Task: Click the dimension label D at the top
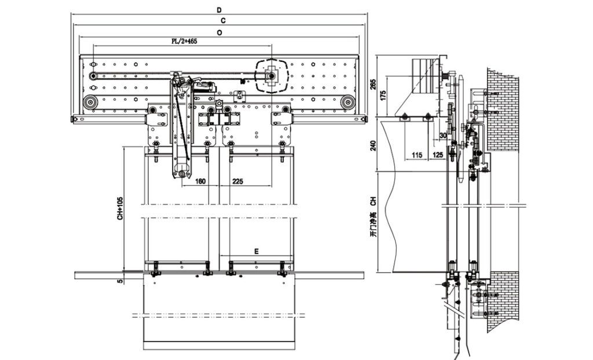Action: [x=218, y=10]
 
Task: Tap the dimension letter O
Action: [x=219, y=33]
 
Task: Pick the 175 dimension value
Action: [x=383, y=95]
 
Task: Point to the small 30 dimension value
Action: [x=443, y=135]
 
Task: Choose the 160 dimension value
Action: [x=200, y=181]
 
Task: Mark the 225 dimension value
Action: [x=237, y=181]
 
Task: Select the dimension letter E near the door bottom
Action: [x=256, y=252]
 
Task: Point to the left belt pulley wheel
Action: [x=90, y=103]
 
